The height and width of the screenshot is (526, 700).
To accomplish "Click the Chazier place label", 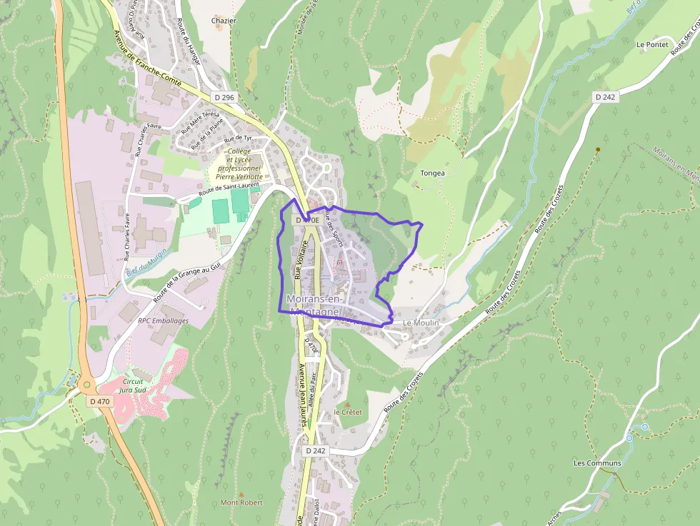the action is click(x=224, y=21).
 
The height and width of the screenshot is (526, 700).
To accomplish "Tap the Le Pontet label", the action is click(x=652, y=44).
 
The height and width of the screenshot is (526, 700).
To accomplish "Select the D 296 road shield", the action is click(x=224, y=97).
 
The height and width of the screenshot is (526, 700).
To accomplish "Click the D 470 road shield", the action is click(x=101, y=401).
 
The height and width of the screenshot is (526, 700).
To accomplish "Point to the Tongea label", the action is click(x=433, y=173).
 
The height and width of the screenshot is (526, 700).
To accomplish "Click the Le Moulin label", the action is click(x=421, y=323).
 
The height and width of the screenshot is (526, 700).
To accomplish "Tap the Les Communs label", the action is click(x=597, y=462).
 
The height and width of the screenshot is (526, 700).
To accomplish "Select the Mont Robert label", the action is click(x=241, y=502).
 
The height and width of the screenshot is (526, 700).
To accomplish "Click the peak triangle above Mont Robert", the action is click(x=241, y=494).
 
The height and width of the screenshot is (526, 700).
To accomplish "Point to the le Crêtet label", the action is click(x=349, y=413).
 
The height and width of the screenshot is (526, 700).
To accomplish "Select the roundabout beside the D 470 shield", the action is click(x=88, y=385).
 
